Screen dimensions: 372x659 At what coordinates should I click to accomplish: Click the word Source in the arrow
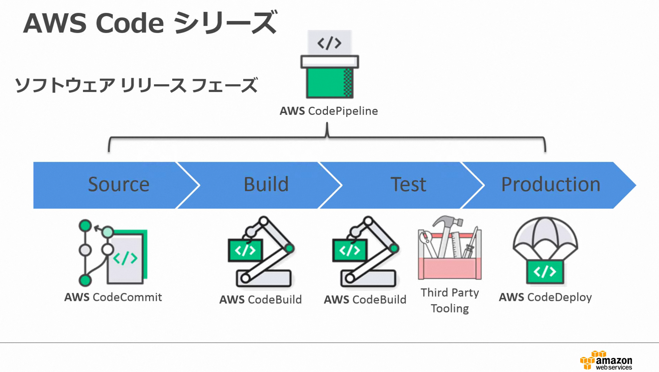pyautogui.click(x=119, y=184)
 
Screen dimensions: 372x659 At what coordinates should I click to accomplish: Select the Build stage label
pyautogui.click(x=266, y=184)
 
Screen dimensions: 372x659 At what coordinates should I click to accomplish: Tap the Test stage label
pyautogui.click(x=408, y=184)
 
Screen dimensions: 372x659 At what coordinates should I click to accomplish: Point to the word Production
pyautogui.click(x=551, y=184)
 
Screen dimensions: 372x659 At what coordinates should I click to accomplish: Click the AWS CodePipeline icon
pyautogui.click(x=329, y=65)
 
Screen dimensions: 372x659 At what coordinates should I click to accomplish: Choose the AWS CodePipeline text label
pyautogui.click(x=329, y=111)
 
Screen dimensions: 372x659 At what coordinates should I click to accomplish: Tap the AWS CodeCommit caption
pyautogui.click(x=113, y=297)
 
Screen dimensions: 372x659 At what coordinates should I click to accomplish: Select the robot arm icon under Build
pyautogui.click(x=260, y=252)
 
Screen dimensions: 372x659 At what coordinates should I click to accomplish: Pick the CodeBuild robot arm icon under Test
pyautogui.click(x=365, y=252)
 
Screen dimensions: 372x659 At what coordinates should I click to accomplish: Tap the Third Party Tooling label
pyautogui.click(x=450, y=300)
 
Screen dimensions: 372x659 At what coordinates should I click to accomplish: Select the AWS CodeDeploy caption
pyautogui.click(x=545, y=297)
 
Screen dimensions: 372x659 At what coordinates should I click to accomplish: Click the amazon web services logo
pyautogui.click(x=606, y=361)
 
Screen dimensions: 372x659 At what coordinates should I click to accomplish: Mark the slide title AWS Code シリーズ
pyautogui.click(x=150, y=23)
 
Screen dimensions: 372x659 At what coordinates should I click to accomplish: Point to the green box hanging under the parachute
pyautogui.click(x=545, y=272)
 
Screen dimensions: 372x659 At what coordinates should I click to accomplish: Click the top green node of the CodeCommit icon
pyautogui.click(x=85, y=226)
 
